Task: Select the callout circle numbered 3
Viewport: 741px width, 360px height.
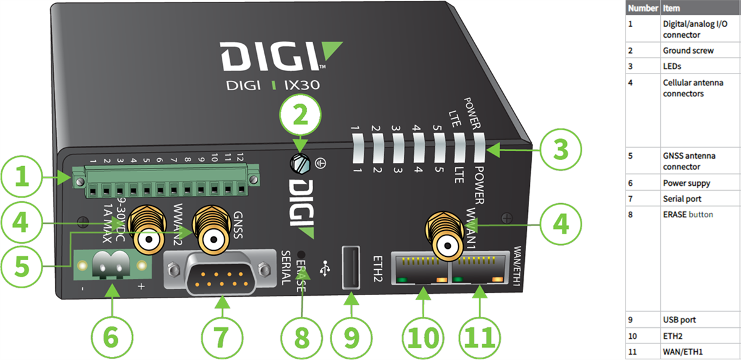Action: click(x=559, y=148)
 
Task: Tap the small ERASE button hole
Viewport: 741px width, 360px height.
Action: click(x=302, y=254)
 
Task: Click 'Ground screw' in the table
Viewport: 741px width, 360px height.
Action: click(x=688, y=51)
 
